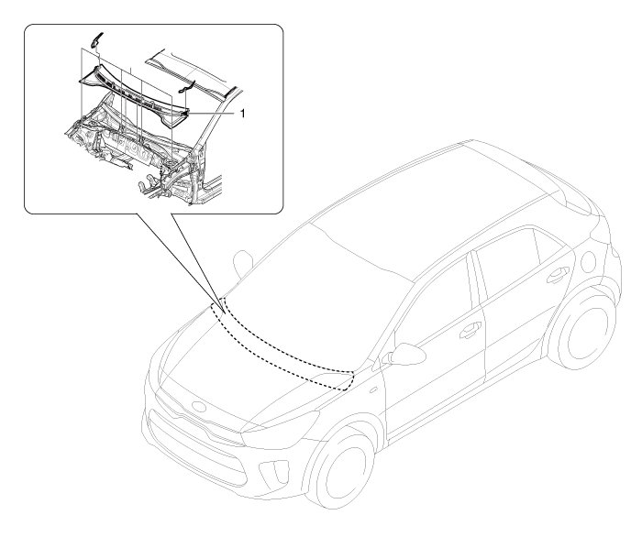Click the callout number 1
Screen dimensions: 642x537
click(242, 113)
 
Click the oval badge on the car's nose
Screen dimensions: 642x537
click(200, 408)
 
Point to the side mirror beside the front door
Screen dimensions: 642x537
click(406, 354)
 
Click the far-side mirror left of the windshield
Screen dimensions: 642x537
click(241, 261)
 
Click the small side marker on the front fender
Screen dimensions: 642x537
click(372, 390)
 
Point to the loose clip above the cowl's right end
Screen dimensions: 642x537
click(188, 85)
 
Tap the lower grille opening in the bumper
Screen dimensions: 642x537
click(196, 442)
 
